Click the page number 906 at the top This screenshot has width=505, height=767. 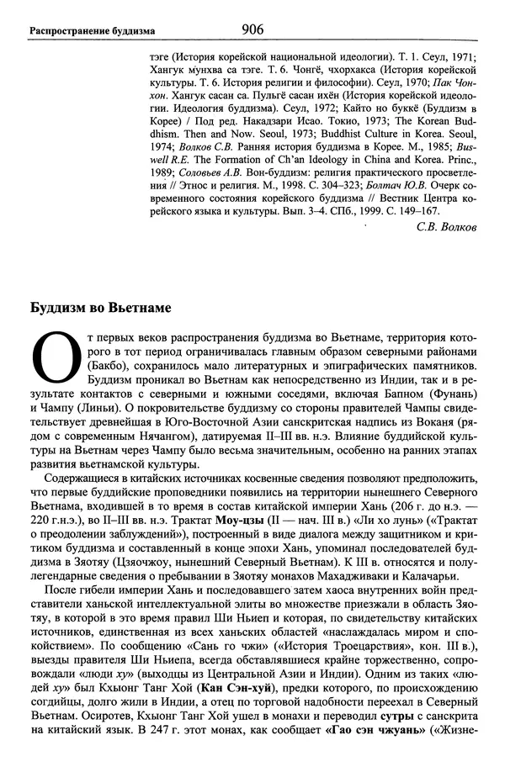[252, 29]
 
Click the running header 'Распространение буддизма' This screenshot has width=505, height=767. [92, 32]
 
